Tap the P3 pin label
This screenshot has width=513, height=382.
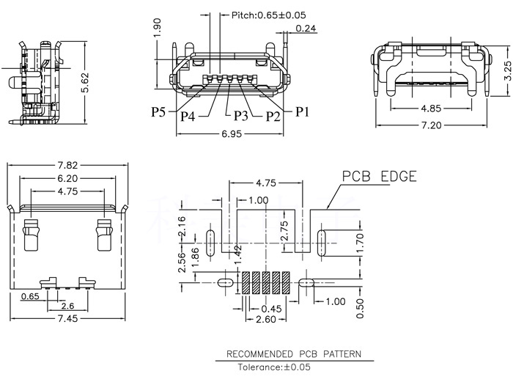coord(243,116)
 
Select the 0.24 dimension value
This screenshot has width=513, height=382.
coord(306,28)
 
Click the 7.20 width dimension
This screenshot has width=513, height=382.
coord(431,126)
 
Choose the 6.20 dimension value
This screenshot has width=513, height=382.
coord(67,178)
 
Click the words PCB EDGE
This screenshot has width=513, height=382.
coord(379,177)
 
